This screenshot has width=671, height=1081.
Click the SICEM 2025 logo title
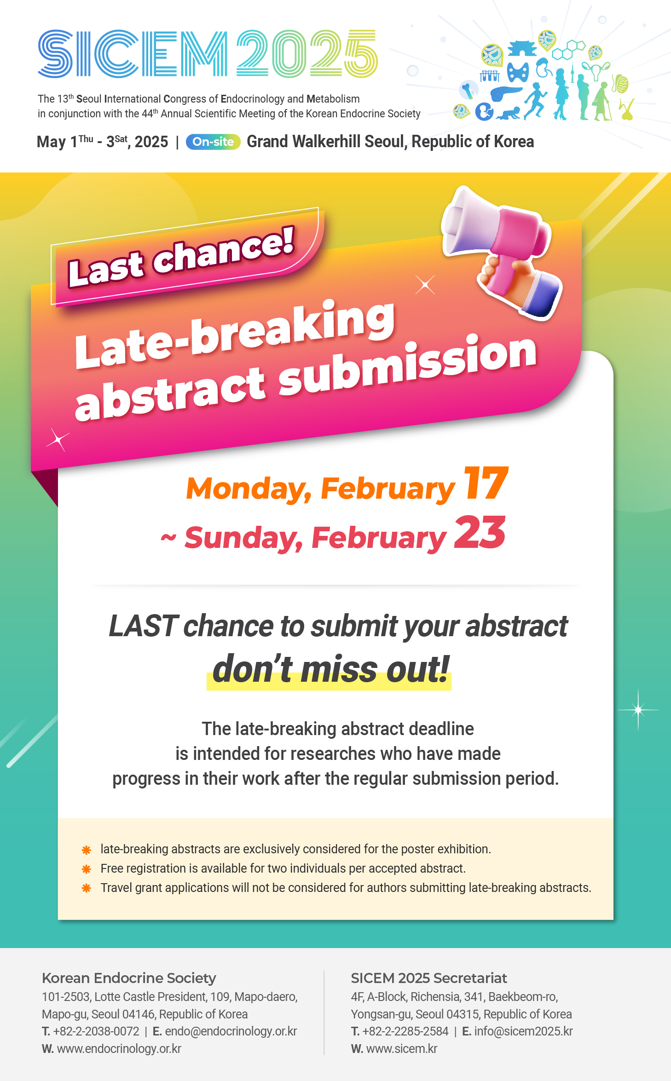(208, 54)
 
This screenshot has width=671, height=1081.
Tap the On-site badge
(213, 142)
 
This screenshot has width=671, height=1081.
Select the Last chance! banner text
(180, 257)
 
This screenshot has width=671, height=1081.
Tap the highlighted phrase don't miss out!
(330, 669)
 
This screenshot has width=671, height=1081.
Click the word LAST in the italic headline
(143, 626)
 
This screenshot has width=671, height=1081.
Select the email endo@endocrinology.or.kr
(231, 1031)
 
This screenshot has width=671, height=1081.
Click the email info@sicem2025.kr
(523, 1031)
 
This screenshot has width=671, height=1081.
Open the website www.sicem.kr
(402, 1049)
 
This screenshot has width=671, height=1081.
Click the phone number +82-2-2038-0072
(96, 1031)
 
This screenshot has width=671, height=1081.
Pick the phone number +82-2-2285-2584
(405, 1031)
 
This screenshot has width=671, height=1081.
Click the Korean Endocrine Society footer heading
(129, 978)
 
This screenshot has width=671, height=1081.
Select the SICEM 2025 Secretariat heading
(429, 978)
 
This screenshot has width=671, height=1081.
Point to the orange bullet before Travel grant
(86, 888)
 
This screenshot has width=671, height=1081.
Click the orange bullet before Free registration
(86, 869)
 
